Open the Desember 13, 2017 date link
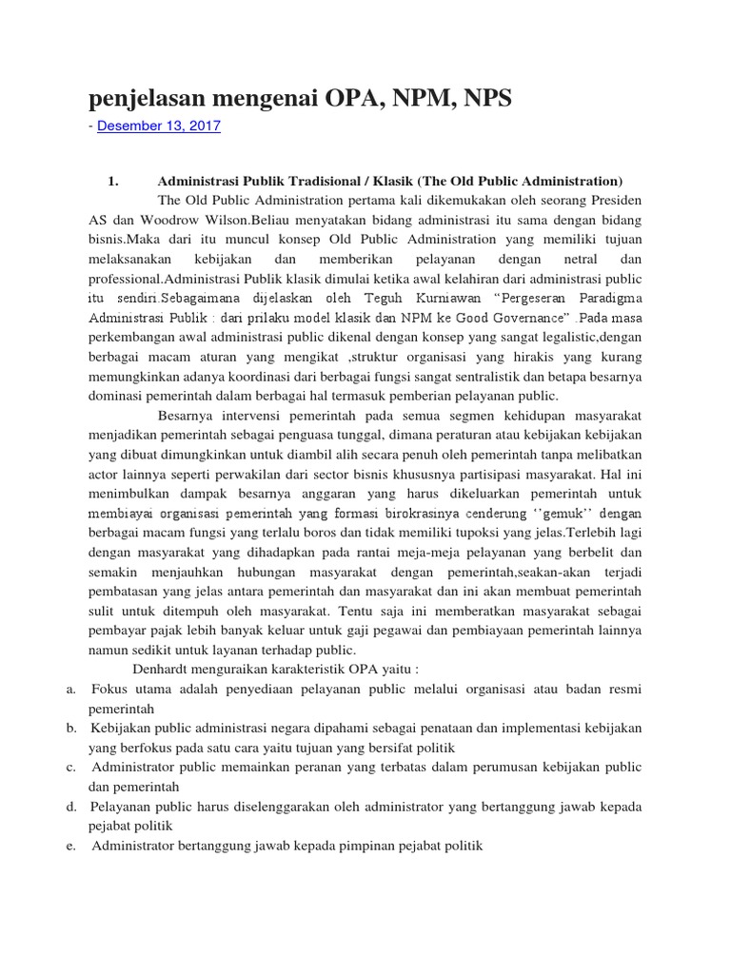pyautogui.click(x=158, y=126)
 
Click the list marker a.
pyautogui.click(x=71, y=689)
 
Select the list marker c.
pyautogui.click(x=71, y=767)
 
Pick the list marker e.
pyautogui.click(x=71, y=845)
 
